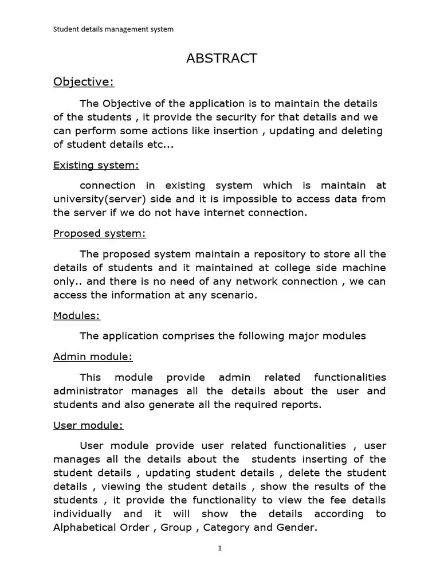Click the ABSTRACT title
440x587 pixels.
(222, 58)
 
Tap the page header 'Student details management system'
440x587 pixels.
(113, 29)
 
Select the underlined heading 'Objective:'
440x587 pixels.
(84, 82)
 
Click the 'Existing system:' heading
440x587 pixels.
(96, 165)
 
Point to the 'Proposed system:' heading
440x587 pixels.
(100, 233)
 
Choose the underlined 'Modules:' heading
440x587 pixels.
(77, 315)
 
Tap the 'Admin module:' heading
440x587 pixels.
(93, 357)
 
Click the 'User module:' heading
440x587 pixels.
(88, 425)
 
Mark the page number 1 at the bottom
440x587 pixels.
(219, 548)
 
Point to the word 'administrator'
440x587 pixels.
(88, 391)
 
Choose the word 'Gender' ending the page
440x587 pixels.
(295, 527)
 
